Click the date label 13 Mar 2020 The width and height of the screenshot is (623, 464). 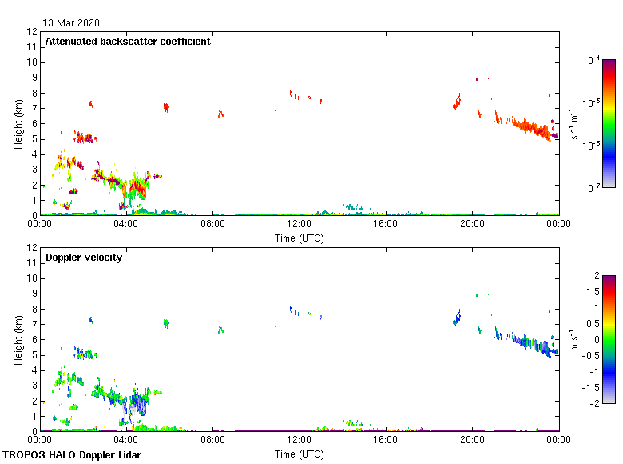coord(71,23)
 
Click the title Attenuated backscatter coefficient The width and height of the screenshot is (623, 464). coord(128,42)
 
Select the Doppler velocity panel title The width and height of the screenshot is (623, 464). coord(84,258)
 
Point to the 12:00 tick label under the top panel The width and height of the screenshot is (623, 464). coord(299,224)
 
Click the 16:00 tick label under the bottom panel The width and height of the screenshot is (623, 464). coord(386,440)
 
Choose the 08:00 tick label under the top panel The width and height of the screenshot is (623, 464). coord(212,224)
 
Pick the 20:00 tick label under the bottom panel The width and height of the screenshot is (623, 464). coord(472,440)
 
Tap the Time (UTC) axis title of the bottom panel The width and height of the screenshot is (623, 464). coord(299,454)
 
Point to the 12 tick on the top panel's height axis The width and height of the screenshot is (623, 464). coord(32,32)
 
